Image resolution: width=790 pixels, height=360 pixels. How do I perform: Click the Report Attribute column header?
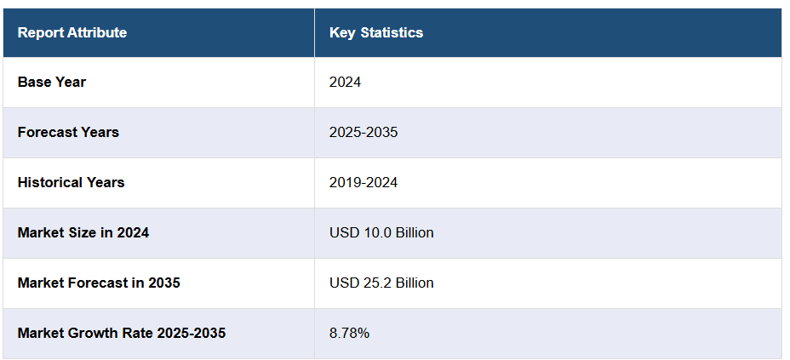[x=72, y=33]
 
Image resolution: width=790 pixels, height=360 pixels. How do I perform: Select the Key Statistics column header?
[x=375, y=33]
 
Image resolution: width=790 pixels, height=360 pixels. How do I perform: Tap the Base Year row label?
[x=51, y=83]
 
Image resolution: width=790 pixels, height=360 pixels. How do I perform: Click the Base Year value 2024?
[x=345, y=83]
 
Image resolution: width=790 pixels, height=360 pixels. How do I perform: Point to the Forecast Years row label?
[x=68, y=133]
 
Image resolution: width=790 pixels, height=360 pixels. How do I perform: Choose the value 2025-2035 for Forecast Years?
[x=364, y=133]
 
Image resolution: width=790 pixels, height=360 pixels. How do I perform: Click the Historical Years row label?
[x=71, y=183]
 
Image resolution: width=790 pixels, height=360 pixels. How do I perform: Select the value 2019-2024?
[x=364, y=183]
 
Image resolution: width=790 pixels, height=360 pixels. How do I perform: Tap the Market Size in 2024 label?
[x=83, y=232]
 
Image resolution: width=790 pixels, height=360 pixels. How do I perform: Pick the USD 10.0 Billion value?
[x=381, y=232]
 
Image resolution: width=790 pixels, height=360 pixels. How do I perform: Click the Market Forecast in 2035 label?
[x=99, y=283]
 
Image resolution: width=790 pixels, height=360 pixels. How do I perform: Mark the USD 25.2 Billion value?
[x=381, y=283]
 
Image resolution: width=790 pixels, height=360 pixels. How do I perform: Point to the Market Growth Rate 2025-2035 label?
[x=121, y=333]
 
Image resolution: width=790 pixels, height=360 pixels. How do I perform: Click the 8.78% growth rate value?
[x=349, y=333]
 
